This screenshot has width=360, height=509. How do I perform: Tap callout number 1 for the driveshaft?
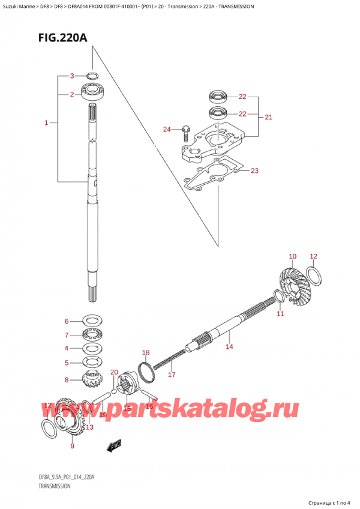(46, 123)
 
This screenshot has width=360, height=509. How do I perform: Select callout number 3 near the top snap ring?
(71, 76)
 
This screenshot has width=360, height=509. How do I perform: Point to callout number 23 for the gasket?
(254, 171)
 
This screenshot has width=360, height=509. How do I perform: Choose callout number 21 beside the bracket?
(268, 117)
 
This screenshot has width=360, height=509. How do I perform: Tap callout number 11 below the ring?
(280, 313)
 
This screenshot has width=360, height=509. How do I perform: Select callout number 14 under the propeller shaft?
(229, 346)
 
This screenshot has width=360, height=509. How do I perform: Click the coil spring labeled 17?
(165, 361)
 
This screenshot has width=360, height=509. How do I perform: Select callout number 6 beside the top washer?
(67, 321)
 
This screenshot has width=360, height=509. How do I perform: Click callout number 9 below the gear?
(73, 445)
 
